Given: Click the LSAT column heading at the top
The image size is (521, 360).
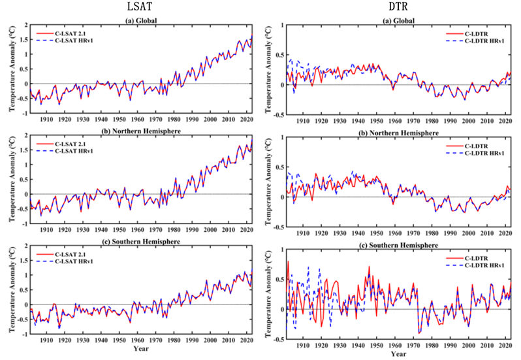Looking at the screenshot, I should [x=138, y=8].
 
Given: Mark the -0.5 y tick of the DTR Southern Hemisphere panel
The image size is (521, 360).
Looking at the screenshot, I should [x=276, y=339].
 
